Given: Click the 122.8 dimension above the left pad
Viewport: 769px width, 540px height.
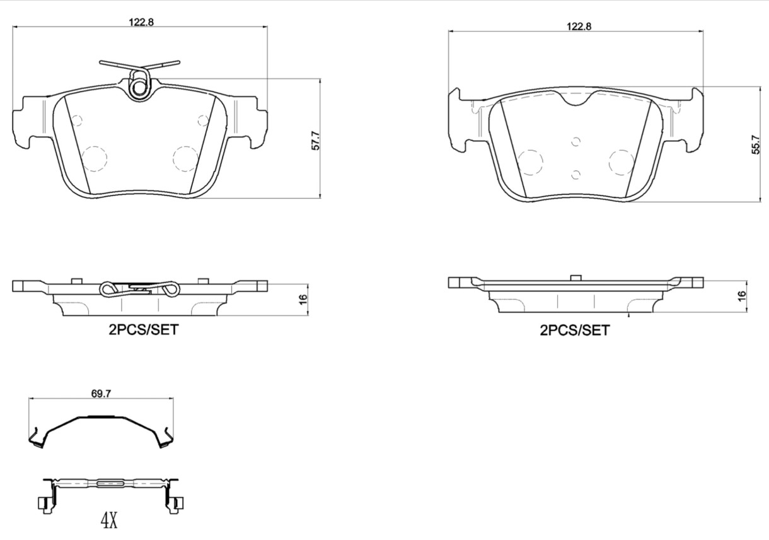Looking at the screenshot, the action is click(141, 22).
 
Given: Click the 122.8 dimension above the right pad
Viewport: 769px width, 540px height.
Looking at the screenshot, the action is click(579, 26).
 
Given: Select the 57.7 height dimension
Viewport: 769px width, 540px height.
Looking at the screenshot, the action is click(316, 141).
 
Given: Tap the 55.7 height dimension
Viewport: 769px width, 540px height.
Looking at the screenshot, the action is click(756, 144).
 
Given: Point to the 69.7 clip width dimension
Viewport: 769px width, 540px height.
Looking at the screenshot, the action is click(101, 394).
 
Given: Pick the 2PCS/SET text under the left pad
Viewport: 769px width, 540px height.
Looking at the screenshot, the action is click(144, 330).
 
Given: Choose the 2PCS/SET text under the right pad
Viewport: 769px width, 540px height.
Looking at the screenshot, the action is click(575, 331).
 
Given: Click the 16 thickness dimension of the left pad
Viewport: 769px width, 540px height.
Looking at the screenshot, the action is click(303, 300).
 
